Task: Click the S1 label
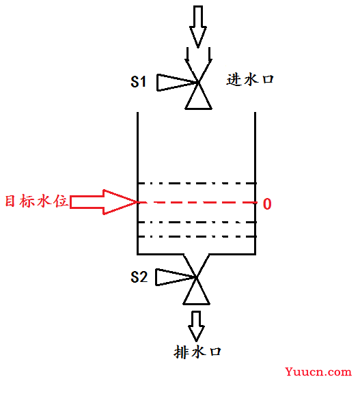[x=138, y=82]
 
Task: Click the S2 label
[x=139, y=277]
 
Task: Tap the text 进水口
[x=250, y=80]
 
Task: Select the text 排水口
[x=197, y=352]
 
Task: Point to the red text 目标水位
[x=36, y=201]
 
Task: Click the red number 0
[x=267, y=203]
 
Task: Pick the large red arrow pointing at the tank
[x=104, y=202]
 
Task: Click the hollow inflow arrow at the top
[x=198, y=27]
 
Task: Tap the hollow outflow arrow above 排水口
[x=196, y=326]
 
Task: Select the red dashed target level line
[x=197, y=202]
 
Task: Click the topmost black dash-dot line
[x=197, y=184]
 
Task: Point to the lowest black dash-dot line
[x=197, y=236]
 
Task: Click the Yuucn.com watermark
[x=318, y=371]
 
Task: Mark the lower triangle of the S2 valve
[x=196, y=295]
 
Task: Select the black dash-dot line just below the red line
[x=197, y=222]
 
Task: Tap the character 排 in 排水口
[x=180, y=352]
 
